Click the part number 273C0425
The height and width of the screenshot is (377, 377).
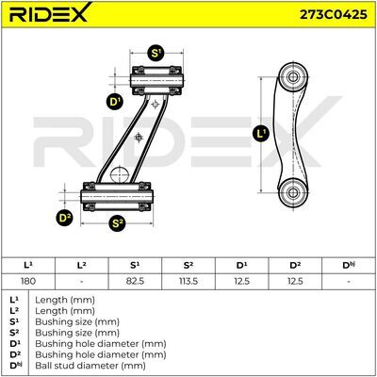pyautogui.click(x=334, y=14)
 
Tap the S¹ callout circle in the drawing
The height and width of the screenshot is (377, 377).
pyautogui.click(x=156, y=53)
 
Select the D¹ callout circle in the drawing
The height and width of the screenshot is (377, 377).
pyautogui.click(x=115, y=102)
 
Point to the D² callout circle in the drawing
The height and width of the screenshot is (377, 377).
pyautogui.click(x=64, y=218)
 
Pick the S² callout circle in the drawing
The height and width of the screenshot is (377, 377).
pyautogui.click(x=117, y=223)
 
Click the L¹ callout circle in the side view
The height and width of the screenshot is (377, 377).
pyautogui.click(x=261, y=134)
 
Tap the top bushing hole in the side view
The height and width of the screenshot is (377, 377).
pyautogui.click(x=293, y=76)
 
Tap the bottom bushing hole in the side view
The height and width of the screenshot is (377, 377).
pyautogui.click(x=293, y=192)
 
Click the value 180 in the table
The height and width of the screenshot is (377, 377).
pyautogui.click(x=28, y=281)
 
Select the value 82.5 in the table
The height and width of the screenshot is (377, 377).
pyautogui.click(x=135, y=281)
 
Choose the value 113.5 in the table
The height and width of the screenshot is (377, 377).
pyautogui.click(x=188, y=281)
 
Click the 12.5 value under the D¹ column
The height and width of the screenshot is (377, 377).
pyautogui.click(x=241, y=281)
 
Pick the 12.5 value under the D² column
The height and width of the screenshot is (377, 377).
pyautogui.click(x=295, y=281)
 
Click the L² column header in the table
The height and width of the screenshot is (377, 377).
pyautogui.click(x=82, y=266)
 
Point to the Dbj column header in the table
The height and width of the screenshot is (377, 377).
pyautogui.click(x=349, y=266)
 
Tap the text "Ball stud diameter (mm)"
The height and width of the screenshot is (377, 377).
pyautogui.click(x=90, y=366)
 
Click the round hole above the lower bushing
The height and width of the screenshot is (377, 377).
pyautogui.click(x=120, y=174)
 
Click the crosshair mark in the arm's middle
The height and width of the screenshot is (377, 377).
pyautogui.click(x=139, y=138)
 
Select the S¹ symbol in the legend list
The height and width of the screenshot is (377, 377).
pyautogui.click(x=14, y=321)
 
